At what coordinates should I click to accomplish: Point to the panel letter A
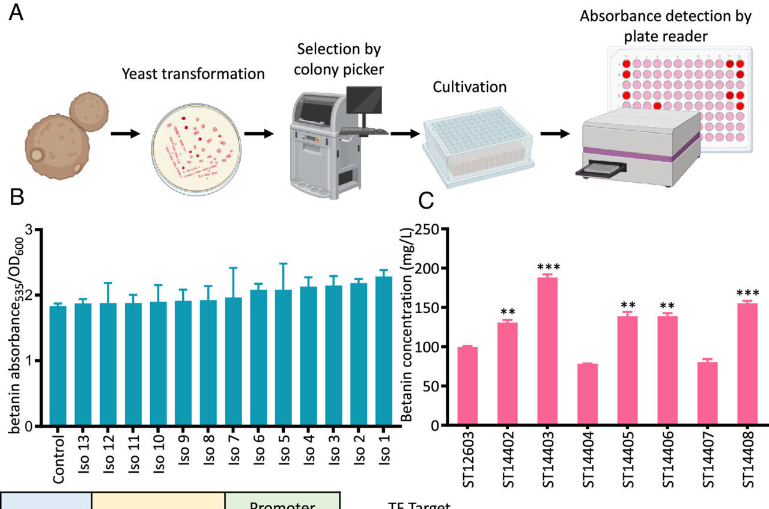pyautogui.click(x=17, y=13)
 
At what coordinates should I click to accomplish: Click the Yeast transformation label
pyautogui.click(x=193, y=74)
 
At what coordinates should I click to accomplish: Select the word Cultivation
pyautogui.click(x=470, y=87)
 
